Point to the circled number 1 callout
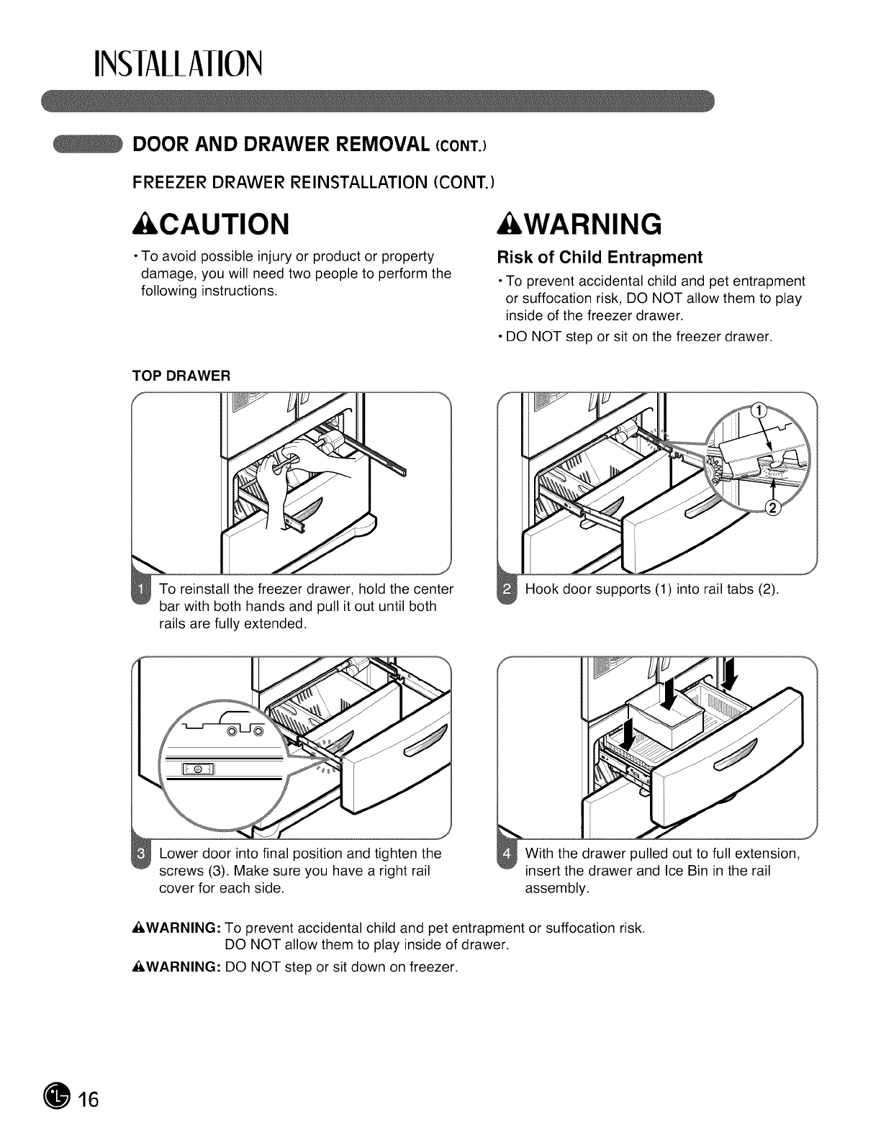pyautogui.click(x=756, y=411)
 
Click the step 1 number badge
pyautogui.click(x=142, y=589)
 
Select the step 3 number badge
pyautogui.click(x=142, y=854)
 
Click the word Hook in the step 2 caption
pyautogui.click(x=541, y=589)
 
